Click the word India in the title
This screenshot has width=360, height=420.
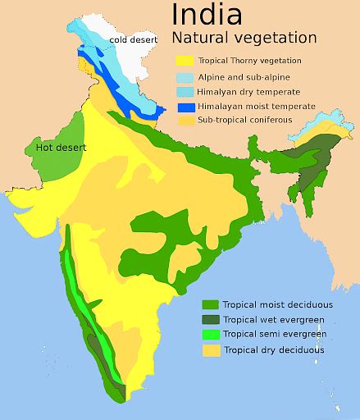pos(206,14)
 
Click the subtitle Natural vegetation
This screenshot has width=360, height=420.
pos(244,38)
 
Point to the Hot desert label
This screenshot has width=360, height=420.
pos(62,148)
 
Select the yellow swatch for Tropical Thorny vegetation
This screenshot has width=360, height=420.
pos(184,61)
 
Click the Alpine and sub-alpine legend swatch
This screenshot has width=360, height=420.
pos(184,76)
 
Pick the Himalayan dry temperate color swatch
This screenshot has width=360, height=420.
pos(184,91)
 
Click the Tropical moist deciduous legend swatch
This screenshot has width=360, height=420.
pos(210,305)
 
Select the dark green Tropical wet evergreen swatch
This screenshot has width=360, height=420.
pos(210,320)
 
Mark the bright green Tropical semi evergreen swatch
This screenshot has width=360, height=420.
pos(210,335)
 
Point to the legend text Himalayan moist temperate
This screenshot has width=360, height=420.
pos(256,107)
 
